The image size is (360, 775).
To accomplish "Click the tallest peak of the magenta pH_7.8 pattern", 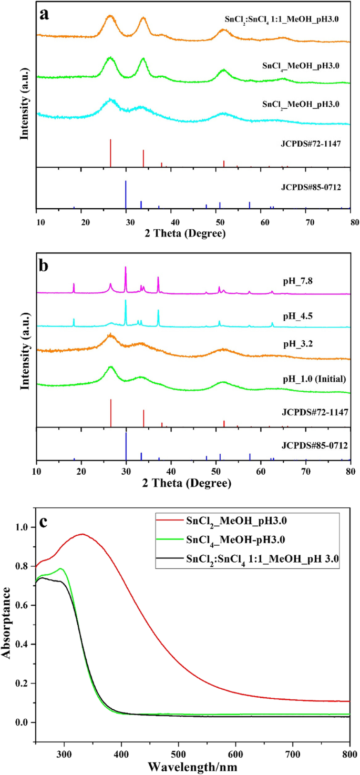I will [x=126, y=268].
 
